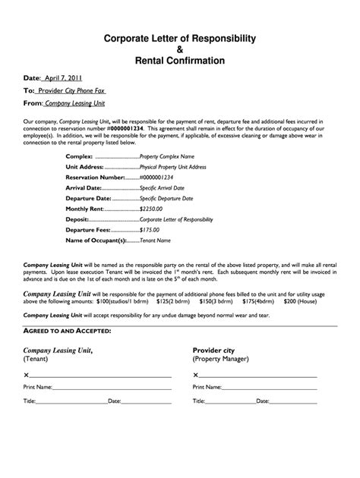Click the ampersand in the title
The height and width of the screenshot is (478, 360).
click(179, 49)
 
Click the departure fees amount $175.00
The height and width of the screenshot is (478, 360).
click(153, 229)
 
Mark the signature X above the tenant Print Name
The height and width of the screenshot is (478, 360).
click(27, 376)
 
